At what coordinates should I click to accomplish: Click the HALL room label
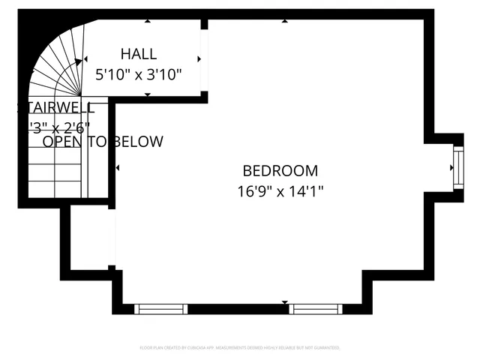(x=139, y=54)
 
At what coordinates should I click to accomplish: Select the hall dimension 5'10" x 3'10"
(x=139, y=75)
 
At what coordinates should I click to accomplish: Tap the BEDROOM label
(x=280, y=171)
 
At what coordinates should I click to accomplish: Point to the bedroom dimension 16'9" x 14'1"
(x=280, y=192)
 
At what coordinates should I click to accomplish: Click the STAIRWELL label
(x=56, y=107)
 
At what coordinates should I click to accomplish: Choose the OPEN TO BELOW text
(x=103, y=142)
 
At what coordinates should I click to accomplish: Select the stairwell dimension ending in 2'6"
(x=59, y=126)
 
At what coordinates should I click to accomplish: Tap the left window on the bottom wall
(x=160, y=308)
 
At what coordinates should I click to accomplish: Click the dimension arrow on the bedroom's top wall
(x=284, y=21)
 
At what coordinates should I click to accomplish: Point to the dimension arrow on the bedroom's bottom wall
(x=285, y=303)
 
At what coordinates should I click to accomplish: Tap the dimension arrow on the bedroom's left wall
(x=118, y=167)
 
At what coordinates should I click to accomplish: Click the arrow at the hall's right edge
(x=199, y=58)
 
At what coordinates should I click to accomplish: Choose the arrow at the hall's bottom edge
(x=147, y=94)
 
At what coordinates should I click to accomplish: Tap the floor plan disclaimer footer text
(x=240, y=348)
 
